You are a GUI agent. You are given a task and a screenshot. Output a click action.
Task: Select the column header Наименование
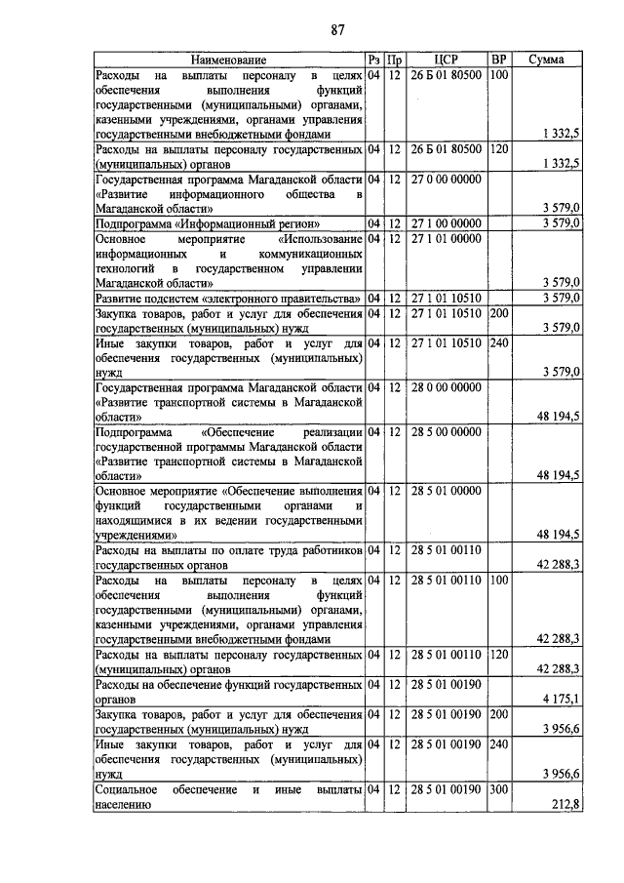228,60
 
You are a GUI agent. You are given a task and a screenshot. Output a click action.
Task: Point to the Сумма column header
545,60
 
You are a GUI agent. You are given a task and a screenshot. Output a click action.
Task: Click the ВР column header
498,60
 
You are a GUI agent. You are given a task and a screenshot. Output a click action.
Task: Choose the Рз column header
373,60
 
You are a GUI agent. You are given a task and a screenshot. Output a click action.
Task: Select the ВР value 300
498,788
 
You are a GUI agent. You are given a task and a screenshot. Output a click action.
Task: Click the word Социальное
127,788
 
